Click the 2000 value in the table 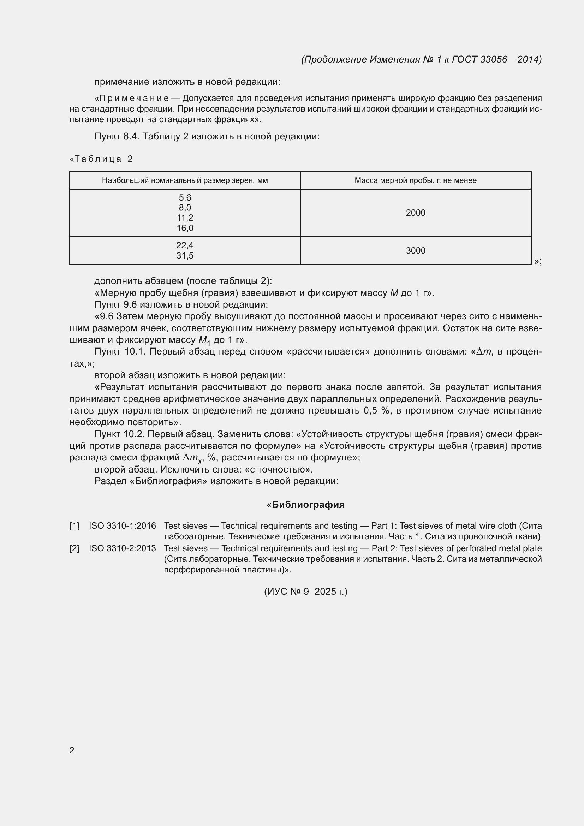(x=415, y=213)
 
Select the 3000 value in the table (x=415, y=250)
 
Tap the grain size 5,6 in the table (x=185, y=197)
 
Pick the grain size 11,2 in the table (x=185, y=218)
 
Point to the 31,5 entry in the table (x=185, y=255)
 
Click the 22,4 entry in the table (x=185, y=245)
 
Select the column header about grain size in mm (x=185, y=180)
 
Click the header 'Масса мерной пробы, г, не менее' (x=415, y=180)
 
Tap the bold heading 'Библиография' (x=308, y=505)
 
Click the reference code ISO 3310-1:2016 (x=122, y=525)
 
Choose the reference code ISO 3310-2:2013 (x=122, y=548)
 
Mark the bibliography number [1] (x=74, y=525)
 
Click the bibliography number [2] (x=74, y=548)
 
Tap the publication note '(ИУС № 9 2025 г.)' (x=306, y=592)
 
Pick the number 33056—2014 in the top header (x=510, y=59)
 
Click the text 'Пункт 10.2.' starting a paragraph (x=119, y=434)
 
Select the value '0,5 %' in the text (x=377, y=410)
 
